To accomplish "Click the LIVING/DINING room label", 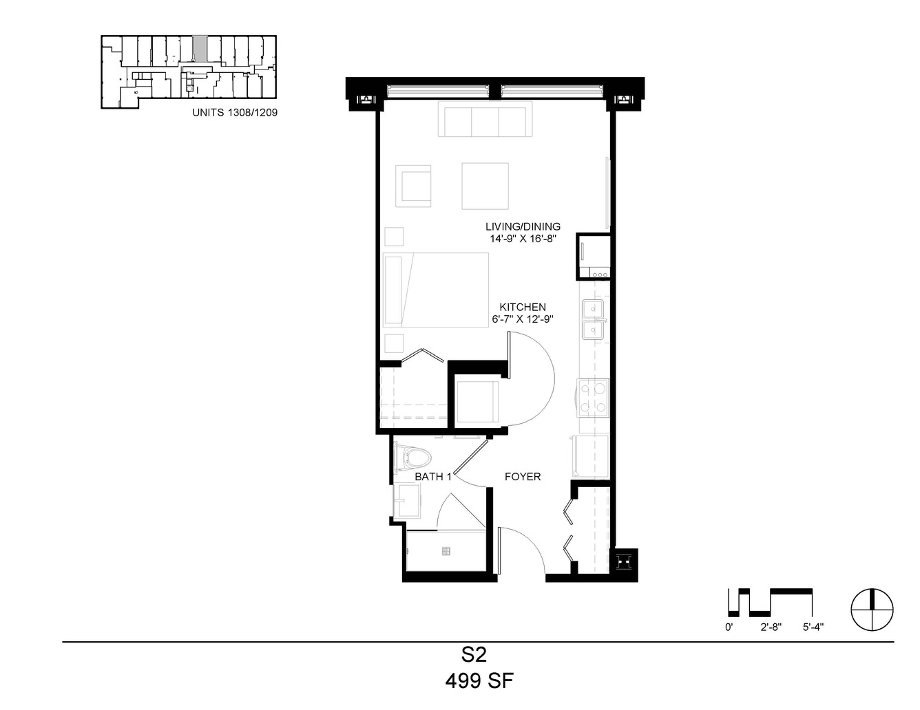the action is [x=523, y=226].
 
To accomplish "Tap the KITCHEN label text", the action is [x=523, y=307].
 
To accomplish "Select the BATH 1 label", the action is [x=433, y=477].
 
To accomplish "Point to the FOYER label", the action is [x=523, y=477].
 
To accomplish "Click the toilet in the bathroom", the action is [x=412, y=457].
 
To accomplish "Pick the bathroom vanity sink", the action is [x=407, y=501].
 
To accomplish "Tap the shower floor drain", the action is [x=446, y=551].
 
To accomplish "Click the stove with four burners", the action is [x=593, y=398].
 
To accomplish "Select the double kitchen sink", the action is [x=593, y=320].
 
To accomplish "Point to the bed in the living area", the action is [x=436, y=290].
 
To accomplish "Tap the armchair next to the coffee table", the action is [x=413, y=186].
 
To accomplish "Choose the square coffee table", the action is [x=485, y=186].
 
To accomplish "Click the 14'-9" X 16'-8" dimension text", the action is [x=523, y=239].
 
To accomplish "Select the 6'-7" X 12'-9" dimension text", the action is [x=523, y=319].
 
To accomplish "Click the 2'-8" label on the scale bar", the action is [x=771, y=627].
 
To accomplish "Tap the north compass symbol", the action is [x=872, y=610].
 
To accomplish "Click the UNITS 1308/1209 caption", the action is [x=235, y=112].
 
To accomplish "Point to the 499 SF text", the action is [x=479, y=681].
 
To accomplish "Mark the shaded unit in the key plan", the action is [x=199, y=49].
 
